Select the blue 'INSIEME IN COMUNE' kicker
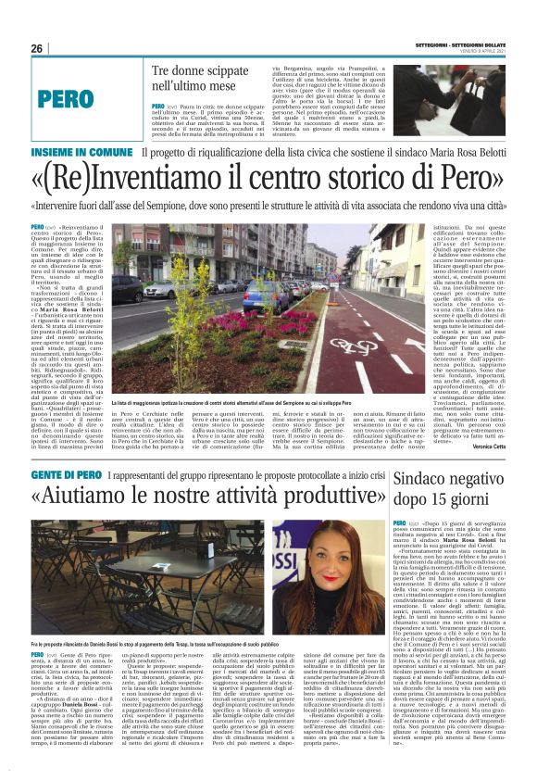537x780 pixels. click(x=81, y=152)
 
